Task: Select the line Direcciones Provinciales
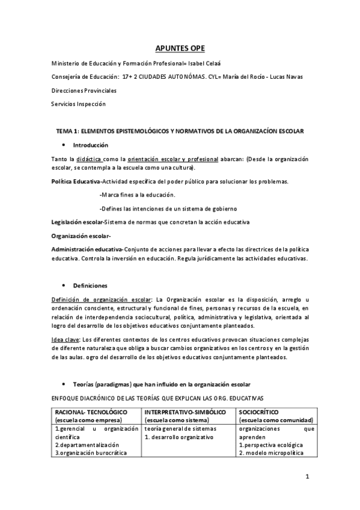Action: click(x=84, y=90)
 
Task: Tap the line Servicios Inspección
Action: click(x=78, y=103)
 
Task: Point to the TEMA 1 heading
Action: click(x=180, y=131)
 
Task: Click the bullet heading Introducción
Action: click(x=90, y=145)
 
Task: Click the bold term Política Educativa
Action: click(x=76, y=182)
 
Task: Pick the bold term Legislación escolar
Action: click(x=77, y=222)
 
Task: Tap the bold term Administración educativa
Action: click(x=87, y=249)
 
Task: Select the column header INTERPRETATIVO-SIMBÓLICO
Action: click(x=185, y=412)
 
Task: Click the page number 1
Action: click(x=307, y=478)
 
